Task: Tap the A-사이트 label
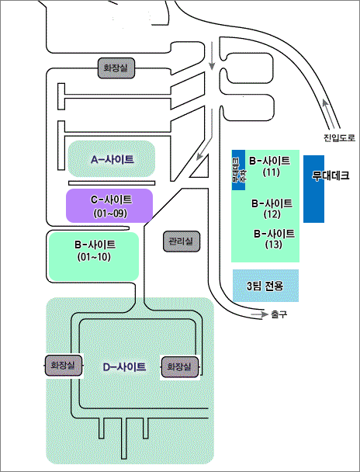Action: [x=112, y=159]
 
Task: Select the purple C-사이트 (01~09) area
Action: [x=109, y=206]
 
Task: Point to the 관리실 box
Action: [x=182, y=241]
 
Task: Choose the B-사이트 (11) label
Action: [x=270, y=165]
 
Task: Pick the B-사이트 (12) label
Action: [x=272, y=208]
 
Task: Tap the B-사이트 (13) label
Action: [x=274, y=238]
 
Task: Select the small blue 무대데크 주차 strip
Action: [x=238, y=169]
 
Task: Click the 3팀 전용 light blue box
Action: [x=265, y=286]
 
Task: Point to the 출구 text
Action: [x=279, y=315]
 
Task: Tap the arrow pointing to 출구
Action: [x=258, y=315]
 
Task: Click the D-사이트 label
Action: [x=124, y=366]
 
